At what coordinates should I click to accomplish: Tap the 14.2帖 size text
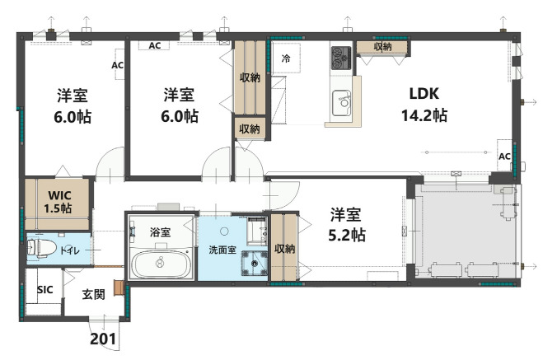423,115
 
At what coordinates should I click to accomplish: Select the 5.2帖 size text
344,235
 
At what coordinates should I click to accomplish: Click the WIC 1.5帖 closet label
59,202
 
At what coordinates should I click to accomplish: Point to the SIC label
45,290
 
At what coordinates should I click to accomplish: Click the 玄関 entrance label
93,294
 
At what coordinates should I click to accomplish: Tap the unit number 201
104,338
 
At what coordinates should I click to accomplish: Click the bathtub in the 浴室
161,266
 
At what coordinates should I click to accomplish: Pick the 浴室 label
161,232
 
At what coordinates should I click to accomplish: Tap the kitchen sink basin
341,105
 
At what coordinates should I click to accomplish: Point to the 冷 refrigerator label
286,58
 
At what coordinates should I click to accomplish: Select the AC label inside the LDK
504,157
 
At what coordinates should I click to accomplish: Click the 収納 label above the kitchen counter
382,47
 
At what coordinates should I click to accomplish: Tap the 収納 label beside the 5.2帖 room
285,249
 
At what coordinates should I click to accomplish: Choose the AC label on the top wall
154,46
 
